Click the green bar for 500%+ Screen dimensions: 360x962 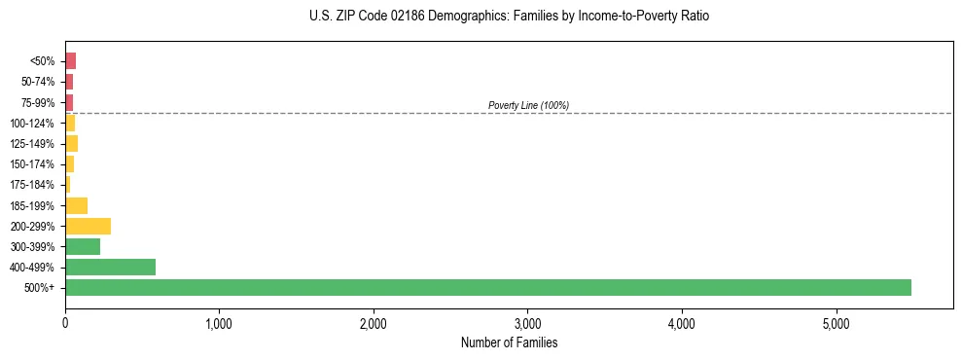tap(487, 287)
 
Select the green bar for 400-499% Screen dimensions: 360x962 tap(110, 267)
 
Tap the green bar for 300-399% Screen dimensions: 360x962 tap(83, 246)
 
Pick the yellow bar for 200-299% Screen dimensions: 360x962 tap(88, 226)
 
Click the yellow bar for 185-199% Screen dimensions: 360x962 tap(76, 205)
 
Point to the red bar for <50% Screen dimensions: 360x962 tap(70, 61)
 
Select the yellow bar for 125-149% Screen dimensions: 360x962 tap(71, 144)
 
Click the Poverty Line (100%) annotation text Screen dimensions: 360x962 tap(528, 105)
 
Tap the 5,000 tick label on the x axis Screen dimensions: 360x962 tap(836, 322)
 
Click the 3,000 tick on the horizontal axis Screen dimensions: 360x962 tap(527, 322)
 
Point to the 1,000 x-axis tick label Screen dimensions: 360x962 tap(219, 322)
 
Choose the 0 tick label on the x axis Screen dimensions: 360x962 tap(65, 322)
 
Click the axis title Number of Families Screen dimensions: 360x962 tap(509, 342)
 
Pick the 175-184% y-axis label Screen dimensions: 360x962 tap(34, 185)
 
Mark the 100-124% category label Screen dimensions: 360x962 tap(34, 124)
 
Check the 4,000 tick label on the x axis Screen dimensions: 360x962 tap(682, 322)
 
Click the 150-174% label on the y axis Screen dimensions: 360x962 tap(34, 164)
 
